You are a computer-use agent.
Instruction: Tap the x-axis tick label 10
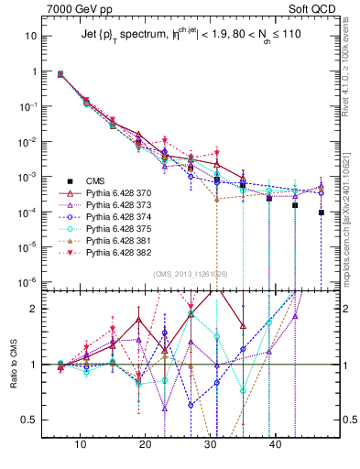(x=81, y=445)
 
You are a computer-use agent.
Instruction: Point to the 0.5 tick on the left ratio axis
(x=30, y=420)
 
